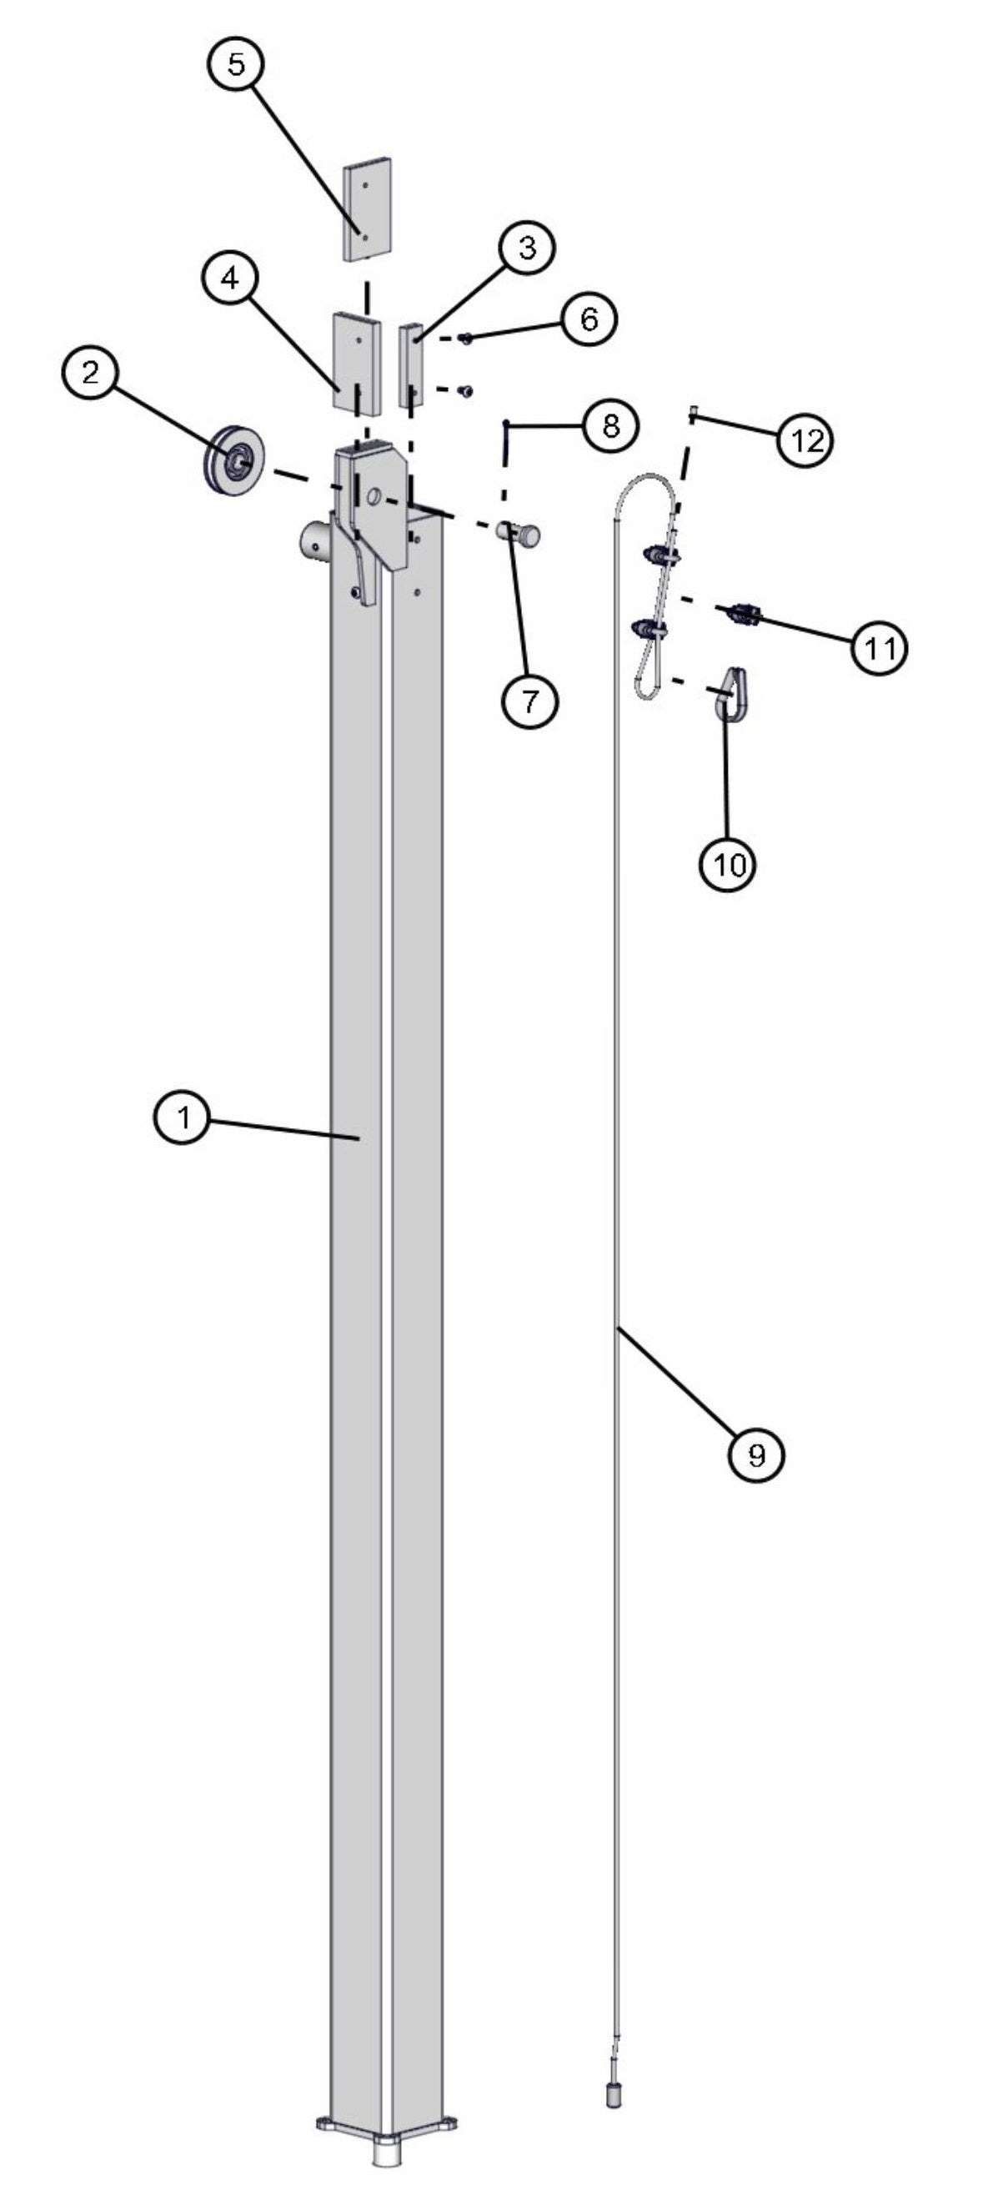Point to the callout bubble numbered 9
tap(756, 1454)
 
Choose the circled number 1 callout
tap(182, 1118)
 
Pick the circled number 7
tap(529, 701)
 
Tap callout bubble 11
tap(879, 648)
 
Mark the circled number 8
tap(610, 426)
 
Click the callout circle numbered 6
tap(589, 319)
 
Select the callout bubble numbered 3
tap(527, 249)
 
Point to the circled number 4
tap(232, 280)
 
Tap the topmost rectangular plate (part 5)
tap(368, 208)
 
